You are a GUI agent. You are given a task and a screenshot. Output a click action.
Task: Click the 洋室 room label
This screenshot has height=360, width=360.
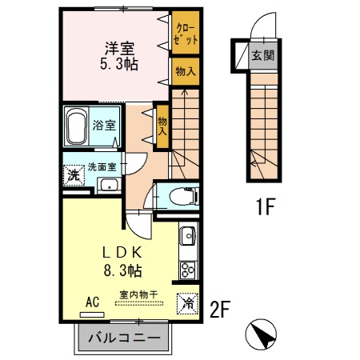pos(119,46)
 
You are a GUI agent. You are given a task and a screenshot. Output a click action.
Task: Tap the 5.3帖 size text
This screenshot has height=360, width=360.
pos(119,63)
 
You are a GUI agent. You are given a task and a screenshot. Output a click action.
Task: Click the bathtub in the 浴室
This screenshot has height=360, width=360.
pos(78,126)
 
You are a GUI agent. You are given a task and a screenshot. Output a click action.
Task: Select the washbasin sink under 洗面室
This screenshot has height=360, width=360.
pos(108,186)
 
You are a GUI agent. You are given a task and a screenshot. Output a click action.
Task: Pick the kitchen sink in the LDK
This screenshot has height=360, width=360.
pos(187,237)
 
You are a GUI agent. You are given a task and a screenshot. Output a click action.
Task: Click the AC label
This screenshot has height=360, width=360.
pos(92,302)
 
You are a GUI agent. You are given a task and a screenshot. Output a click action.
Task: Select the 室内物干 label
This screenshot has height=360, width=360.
pos(138,294)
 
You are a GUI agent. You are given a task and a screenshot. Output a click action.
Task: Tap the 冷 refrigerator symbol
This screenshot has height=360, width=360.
pos(186,303)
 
